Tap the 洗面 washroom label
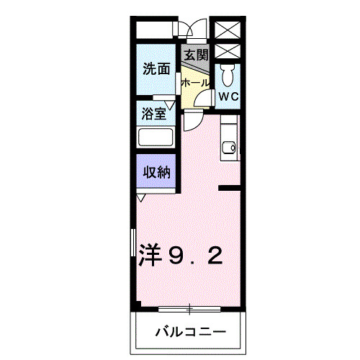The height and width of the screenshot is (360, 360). tap(156, 70)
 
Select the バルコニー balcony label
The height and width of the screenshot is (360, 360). tap(191, 333)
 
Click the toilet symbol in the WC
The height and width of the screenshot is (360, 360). tap(228, 75)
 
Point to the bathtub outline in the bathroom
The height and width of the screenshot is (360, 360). tap(156, 138)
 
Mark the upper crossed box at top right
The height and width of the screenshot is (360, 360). tap(228, 30)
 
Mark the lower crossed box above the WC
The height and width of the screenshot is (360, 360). tap(228, 53)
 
